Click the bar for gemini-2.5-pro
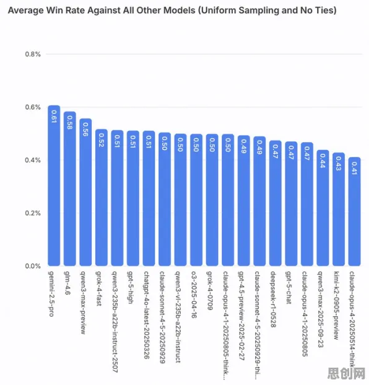tap(54, 185)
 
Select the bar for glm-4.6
tap(69, 189)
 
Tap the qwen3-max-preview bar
tap(85, 192)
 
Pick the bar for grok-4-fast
tap(102, 198)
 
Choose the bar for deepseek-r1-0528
tap(276, 203)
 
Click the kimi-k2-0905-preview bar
tap(339, 209)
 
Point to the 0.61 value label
tap(54, 117)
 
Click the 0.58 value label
tap(69, 123)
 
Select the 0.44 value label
tap(323, 161)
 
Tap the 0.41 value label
tap(354, 168)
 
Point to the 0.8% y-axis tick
tap(33, 54)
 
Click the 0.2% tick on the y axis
tap(33, 213)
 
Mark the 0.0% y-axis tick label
tap(33, 266)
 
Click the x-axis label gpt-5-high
tap(131, 287)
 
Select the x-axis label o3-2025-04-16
tap(194, 294)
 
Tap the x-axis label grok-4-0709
tap(210, 291)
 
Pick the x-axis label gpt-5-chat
tap(289, 288)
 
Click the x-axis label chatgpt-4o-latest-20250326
tap(146, 315)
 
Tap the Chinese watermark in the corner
tap(346, 373)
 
